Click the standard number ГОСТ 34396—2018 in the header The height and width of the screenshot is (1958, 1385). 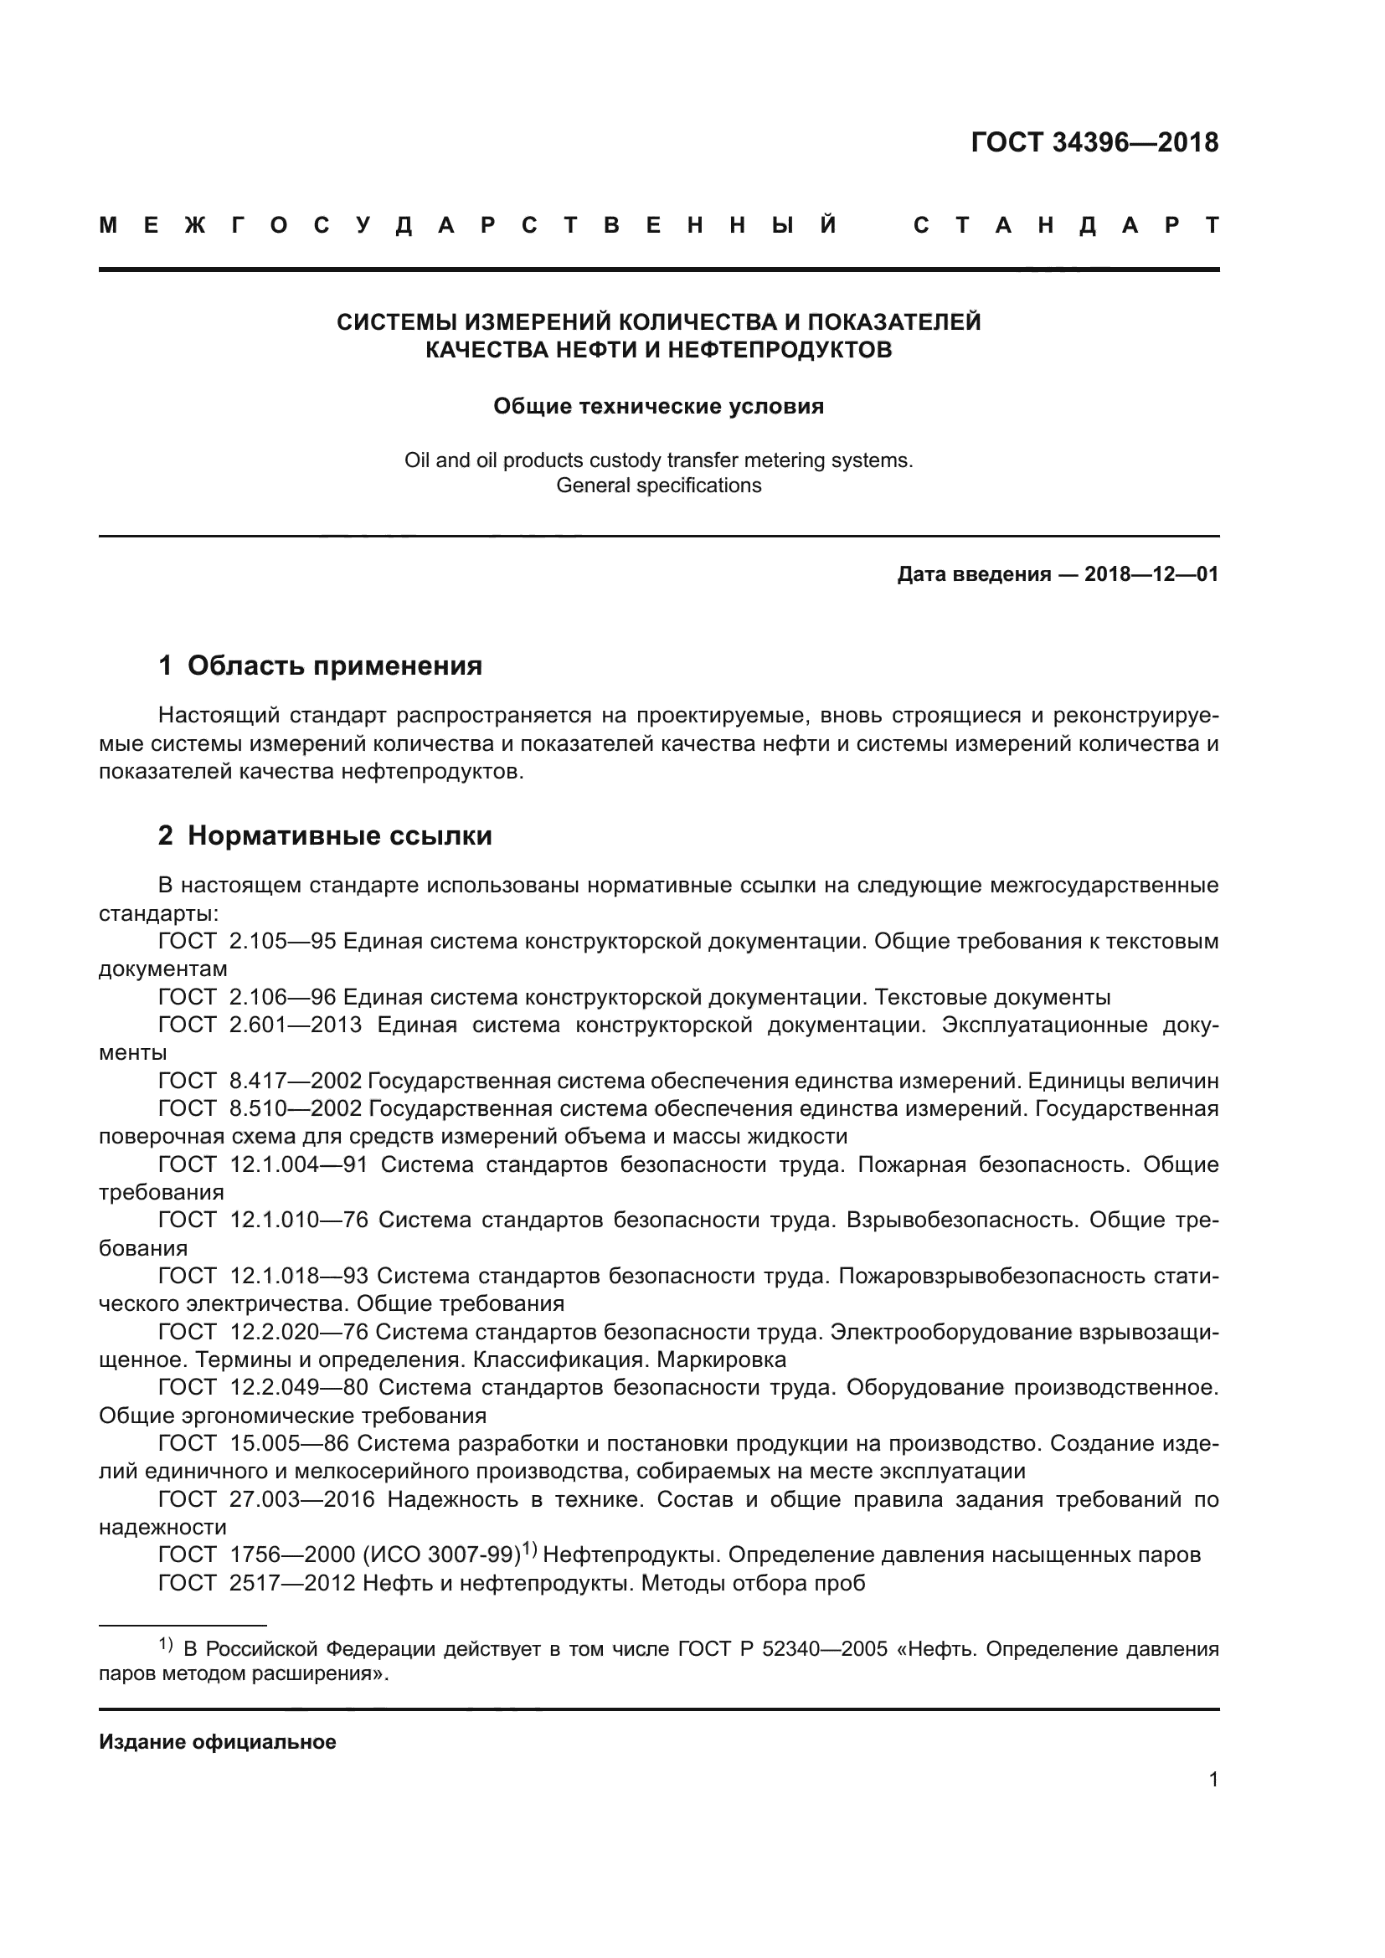coord(1094,142)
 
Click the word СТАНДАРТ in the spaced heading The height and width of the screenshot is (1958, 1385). coord(1065,225)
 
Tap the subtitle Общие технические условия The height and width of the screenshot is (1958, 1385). coord(658,406)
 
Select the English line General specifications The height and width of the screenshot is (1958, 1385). coord(658,486)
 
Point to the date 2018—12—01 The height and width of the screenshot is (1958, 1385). coord(1151,574)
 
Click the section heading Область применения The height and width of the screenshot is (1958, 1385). coord(334,666)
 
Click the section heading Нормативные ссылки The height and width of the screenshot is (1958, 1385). coord(339,835)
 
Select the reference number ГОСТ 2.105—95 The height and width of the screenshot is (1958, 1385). coord(247,942)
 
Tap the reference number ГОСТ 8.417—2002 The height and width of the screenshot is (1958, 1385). coord(260,1082)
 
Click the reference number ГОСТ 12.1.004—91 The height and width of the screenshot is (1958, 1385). coord(263,1165)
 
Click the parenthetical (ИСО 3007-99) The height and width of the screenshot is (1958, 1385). coord(442,1555)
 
